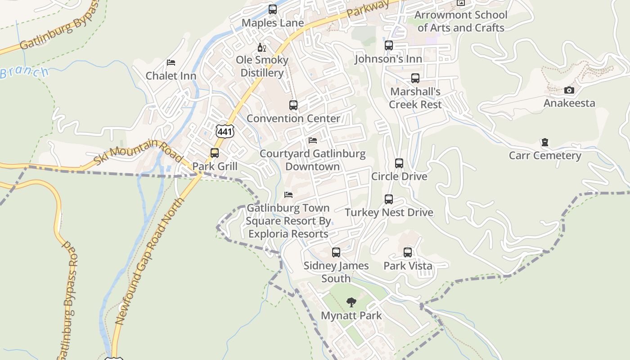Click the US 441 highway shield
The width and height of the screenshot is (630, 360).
coord(225,131)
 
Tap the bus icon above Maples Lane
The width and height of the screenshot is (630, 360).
coord(272,9)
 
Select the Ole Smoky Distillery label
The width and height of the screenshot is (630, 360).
coord(262,66)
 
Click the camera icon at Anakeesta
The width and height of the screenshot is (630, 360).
coord(569,90)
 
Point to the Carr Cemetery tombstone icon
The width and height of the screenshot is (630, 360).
coord(545,143)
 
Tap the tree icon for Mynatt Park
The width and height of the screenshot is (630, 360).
coord(351,302)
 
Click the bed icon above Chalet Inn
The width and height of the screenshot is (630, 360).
coord(171,62)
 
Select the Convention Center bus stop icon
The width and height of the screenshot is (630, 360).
coord(293,105)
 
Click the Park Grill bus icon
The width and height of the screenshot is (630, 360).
coord(215,153)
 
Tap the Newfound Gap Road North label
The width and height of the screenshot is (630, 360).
coord(151,261)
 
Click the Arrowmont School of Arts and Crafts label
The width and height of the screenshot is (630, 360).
coord(461,21)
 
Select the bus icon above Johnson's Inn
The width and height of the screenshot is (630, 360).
coord(389,45)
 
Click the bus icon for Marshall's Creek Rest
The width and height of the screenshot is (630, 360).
coord(415,78)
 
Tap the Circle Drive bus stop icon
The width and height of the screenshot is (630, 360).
coord(399,163)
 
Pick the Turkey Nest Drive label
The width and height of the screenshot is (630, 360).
coord(389,212)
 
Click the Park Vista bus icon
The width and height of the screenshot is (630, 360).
coord(408,252)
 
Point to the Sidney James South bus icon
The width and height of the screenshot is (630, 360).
coord(336,252)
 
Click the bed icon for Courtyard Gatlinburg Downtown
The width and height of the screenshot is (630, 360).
coord(313,140)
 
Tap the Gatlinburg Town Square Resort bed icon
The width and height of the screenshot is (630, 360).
coord(288,195)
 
